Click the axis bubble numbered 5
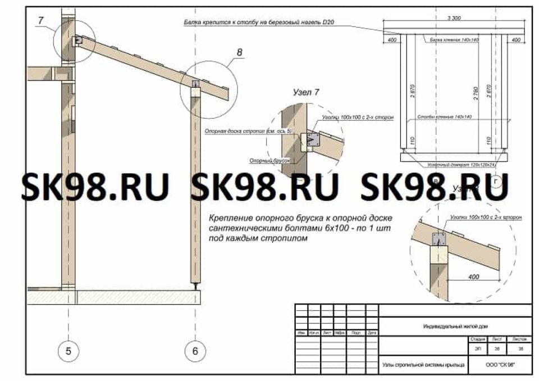tap(68, 351)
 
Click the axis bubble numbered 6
tap(195, 351)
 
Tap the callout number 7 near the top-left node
tap(40, 21)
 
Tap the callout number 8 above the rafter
tap(240, 53)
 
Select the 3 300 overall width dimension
tap(454, 19)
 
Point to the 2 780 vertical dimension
tap(476, 93)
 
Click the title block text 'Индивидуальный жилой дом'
tap(455, 326)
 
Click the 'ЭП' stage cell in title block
tap(478, 348)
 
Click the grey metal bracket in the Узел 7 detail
tap(312, 138)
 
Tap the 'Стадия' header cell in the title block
tap(478, 340)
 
